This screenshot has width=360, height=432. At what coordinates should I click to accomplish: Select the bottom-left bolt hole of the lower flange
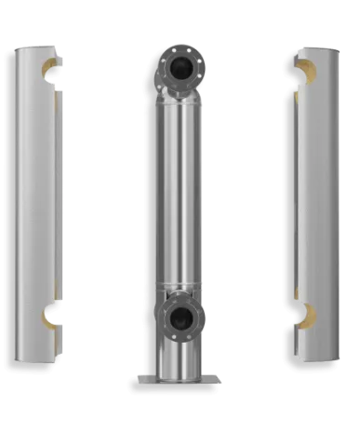tap(167, 332)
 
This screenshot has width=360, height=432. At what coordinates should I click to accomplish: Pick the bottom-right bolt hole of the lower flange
tap(193, 332)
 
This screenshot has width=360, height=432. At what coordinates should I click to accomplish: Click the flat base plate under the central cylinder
tap(180, 378)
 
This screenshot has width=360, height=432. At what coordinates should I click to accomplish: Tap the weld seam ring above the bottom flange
tap(180, 285)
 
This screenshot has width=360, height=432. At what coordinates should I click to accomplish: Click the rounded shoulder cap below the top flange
tap(180, 97)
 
